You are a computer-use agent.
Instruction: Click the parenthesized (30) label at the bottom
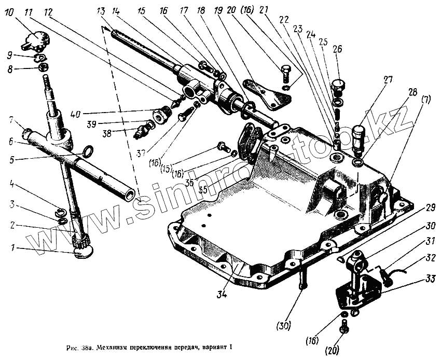point(284,326)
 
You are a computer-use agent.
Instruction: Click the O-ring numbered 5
point(89,151)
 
